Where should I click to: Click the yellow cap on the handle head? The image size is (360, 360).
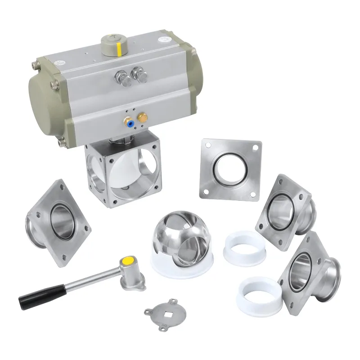click(127, 260)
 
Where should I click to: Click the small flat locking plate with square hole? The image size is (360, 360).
click(163, 310)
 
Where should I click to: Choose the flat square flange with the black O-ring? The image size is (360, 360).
click(231, 169)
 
